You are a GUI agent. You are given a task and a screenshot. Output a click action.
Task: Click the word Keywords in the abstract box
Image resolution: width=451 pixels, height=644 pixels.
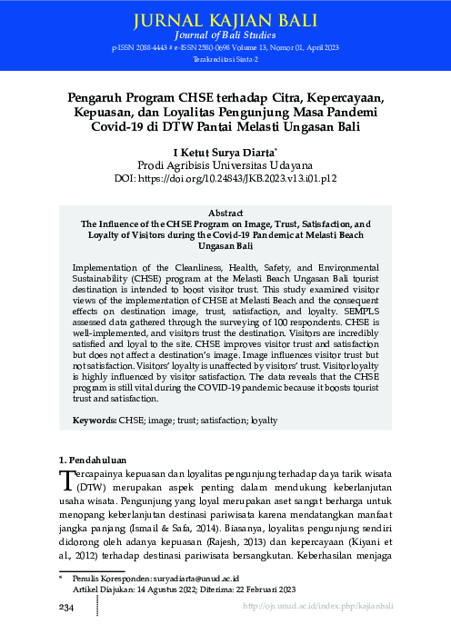pyautogui.click(x=95, y=421)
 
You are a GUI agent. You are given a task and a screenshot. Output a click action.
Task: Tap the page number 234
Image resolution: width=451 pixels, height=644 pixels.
pyautogui.click(x=67, y=606)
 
